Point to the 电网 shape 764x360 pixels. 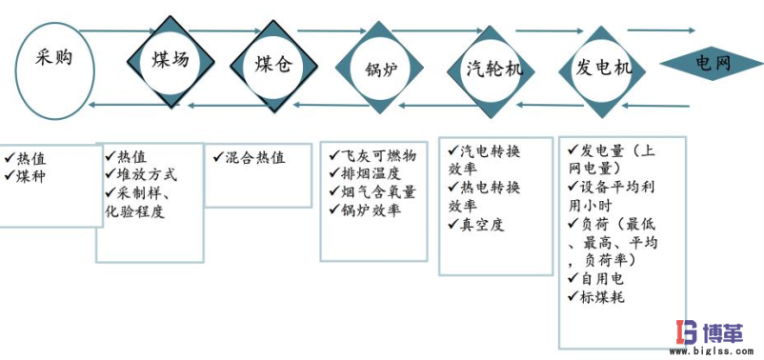tap(712, 65)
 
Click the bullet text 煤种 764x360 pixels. tap(30, 176)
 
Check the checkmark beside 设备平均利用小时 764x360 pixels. tap(573, 188)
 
